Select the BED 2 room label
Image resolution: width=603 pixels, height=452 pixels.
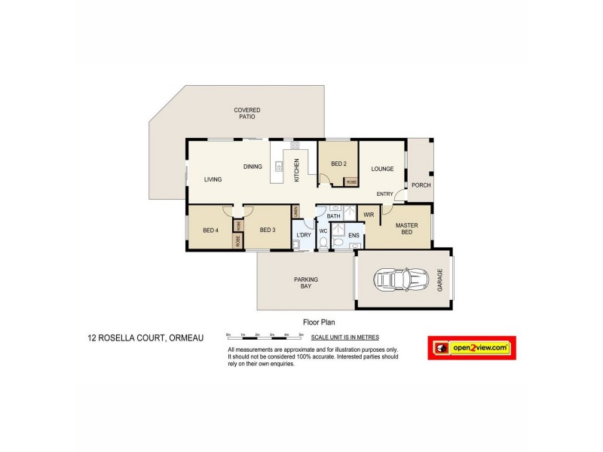[338, 163]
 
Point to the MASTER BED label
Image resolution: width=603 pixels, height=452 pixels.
[406, 228]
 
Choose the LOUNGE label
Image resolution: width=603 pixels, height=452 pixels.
[383, 169]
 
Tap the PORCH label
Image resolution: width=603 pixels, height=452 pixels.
[421, 185]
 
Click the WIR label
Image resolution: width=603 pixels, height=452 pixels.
[369, 215]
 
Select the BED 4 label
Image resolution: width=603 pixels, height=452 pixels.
[210, 231]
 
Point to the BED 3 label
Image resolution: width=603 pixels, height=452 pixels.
[268, 231]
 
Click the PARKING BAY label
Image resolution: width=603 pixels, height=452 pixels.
[305, 282]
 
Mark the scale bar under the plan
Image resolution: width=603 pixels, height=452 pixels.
[265, 334]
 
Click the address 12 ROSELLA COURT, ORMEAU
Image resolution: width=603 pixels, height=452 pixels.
[145, 339]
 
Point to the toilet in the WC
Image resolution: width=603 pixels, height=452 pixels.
[323, 243]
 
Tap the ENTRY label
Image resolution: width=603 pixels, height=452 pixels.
[384, 194]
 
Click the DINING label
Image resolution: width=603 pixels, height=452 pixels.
[252, 166]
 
